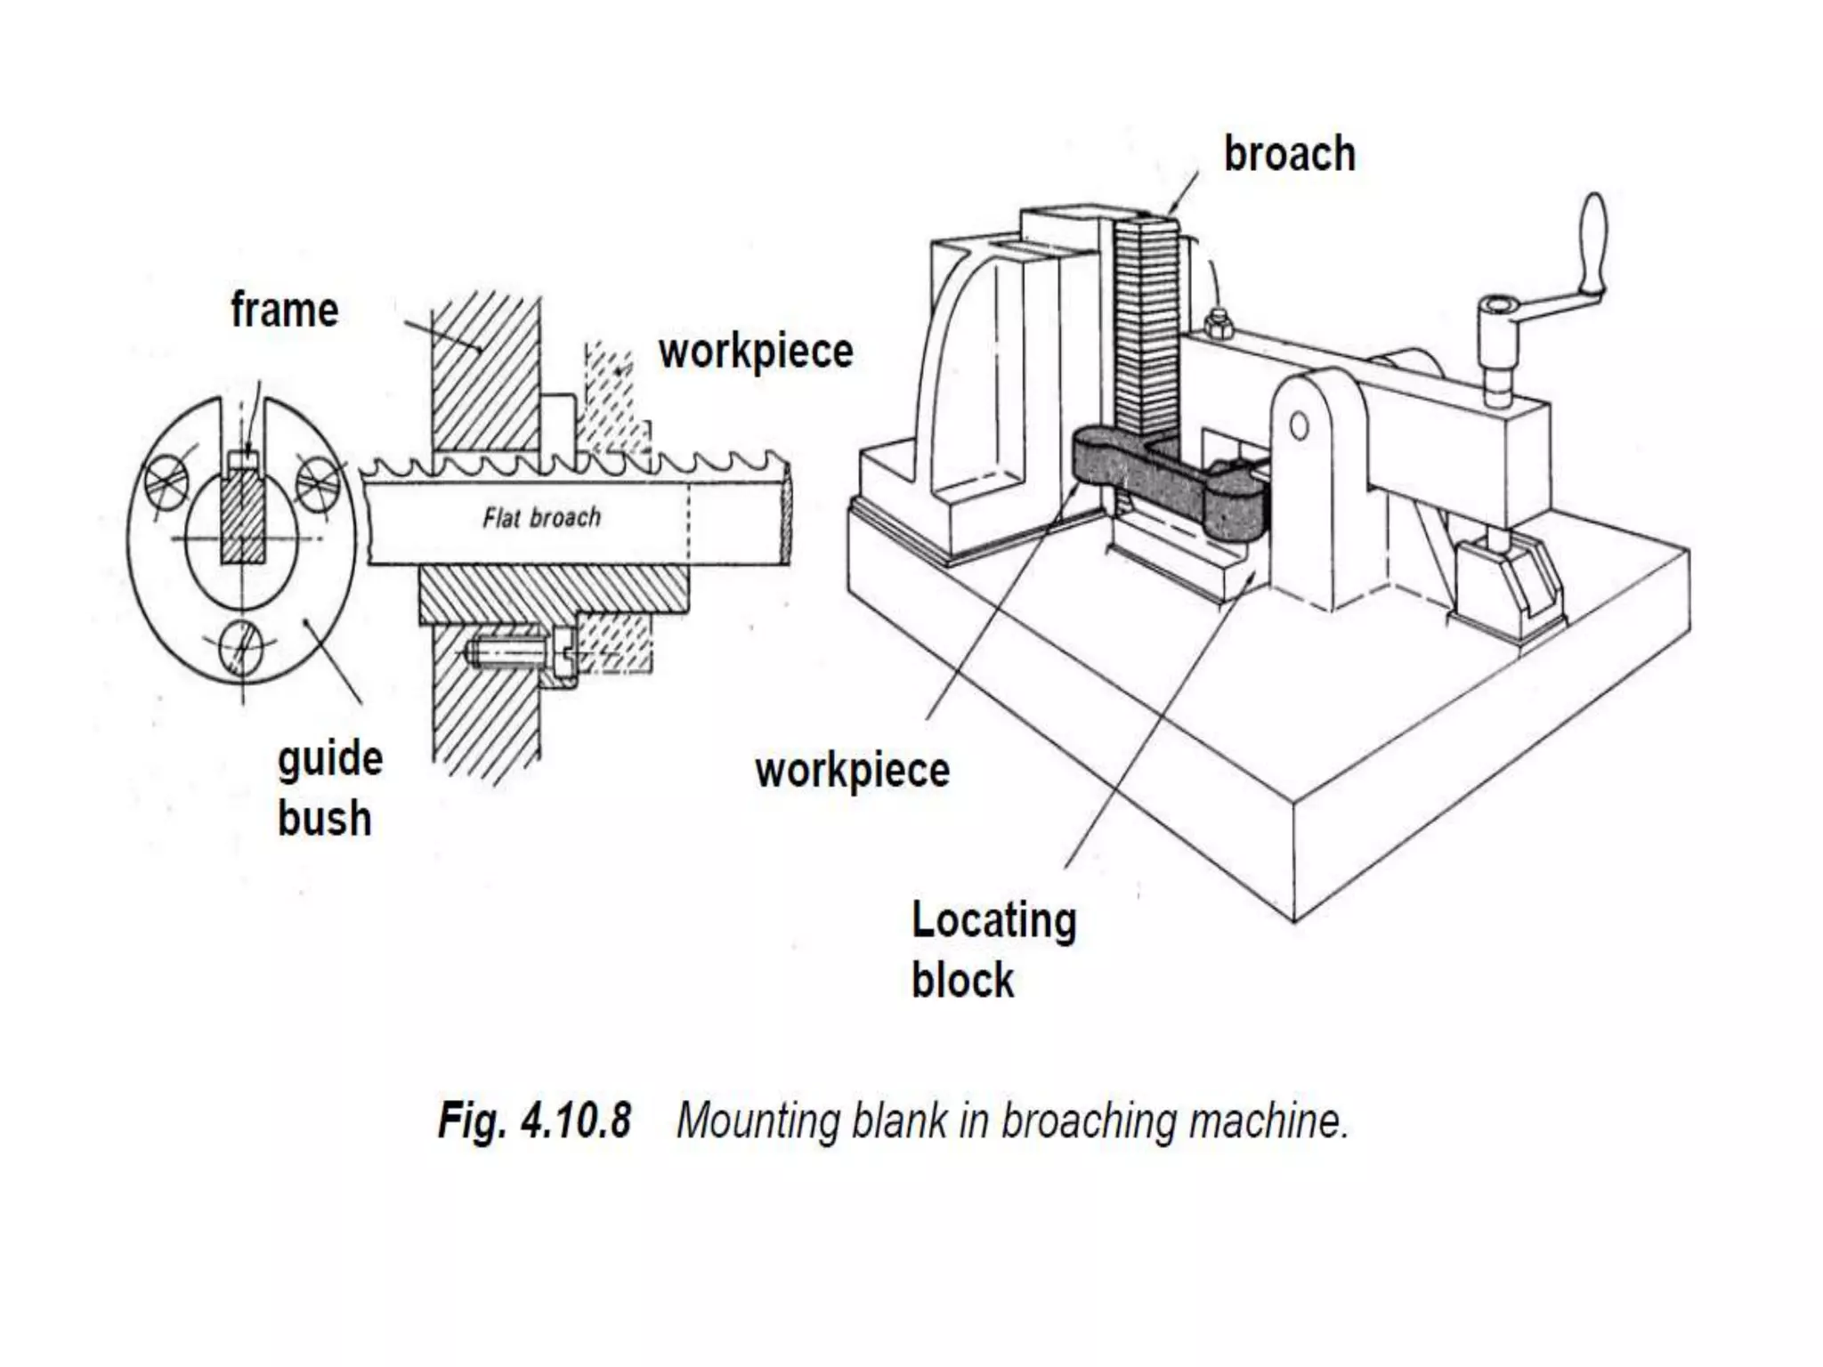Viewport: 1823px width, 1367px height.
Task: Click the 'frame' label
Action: point(284,311)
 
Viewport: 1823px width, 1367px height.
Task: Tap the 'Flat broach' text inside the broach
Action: point(541,517)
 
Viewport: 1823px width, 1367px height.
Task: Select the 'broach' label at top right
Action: point(1289,154)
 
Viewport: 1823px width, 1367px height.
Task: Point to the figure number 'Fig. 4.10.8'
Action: point(534,1120)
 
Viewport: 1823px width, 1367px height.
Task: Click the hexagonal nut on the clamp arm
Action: point(1217,324)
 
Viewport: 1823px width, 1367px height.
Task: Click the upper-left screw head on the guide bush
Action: point(169,481)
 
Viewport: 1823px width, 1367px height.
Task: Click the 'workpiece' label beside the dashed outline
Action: point(755,352)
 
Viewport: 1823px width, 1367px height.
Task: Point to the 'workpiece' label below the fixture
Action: point(852,770)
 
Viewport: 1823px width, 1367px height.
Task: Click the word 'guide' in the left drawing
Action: point(330,759)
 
